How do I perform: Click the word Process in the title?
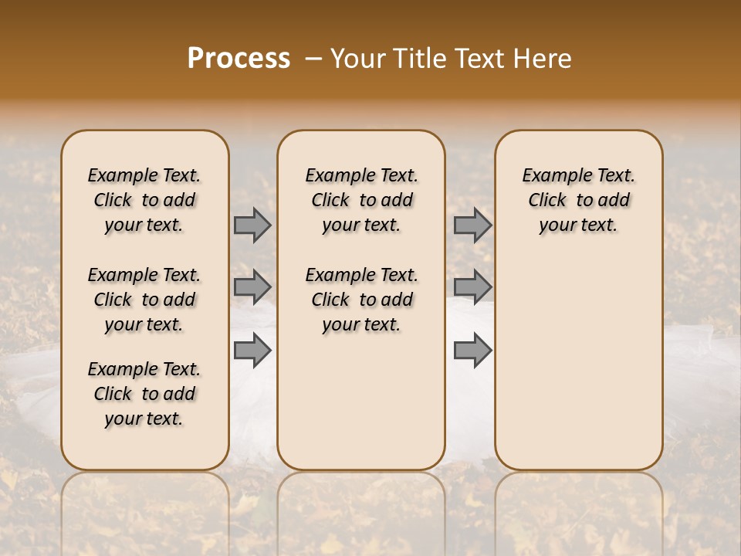click(x=239, y=59)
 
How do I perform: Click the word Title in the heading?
click(x=418, y=59)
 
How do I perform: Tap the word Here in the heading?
click(x=542, y=59)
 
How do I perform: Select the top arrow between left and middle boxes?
click(x=252, y=225)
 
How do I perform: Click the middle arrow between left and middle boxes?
click(x=252, y=287)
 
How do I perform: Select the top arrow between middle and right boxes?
click(x=472, y=225)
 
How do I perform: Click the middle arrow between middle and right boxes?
click(x=472, y=287)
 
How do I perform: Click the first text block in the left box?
click(x=144, y=200)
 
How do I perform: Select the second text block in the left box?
click(x=144, y=300)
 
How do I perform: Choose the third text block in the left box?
click(x=144, y=394)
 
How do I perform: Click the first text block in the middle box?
click(x=361, y=200)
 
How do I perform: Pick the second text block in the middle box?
click(x=361, y=300)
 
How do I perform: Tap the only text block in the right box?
click(x=578, y=200)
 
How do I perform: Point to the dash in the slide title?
click(x=313, y=59)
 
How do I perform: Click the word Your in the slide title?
click(x=357, y=59)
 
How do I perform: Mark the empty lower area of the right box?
click(x=578, y=363)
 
